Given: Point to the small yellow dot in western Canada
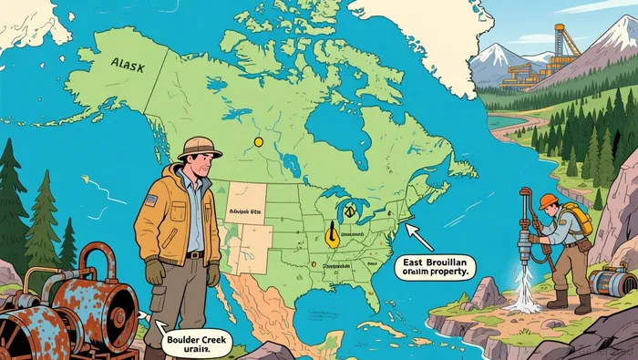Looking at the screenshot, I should (258, 142).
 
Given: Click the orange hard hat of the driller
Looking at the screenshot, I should (548, 201).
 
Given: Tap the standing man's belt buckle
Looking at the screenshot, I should (194, 256).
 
